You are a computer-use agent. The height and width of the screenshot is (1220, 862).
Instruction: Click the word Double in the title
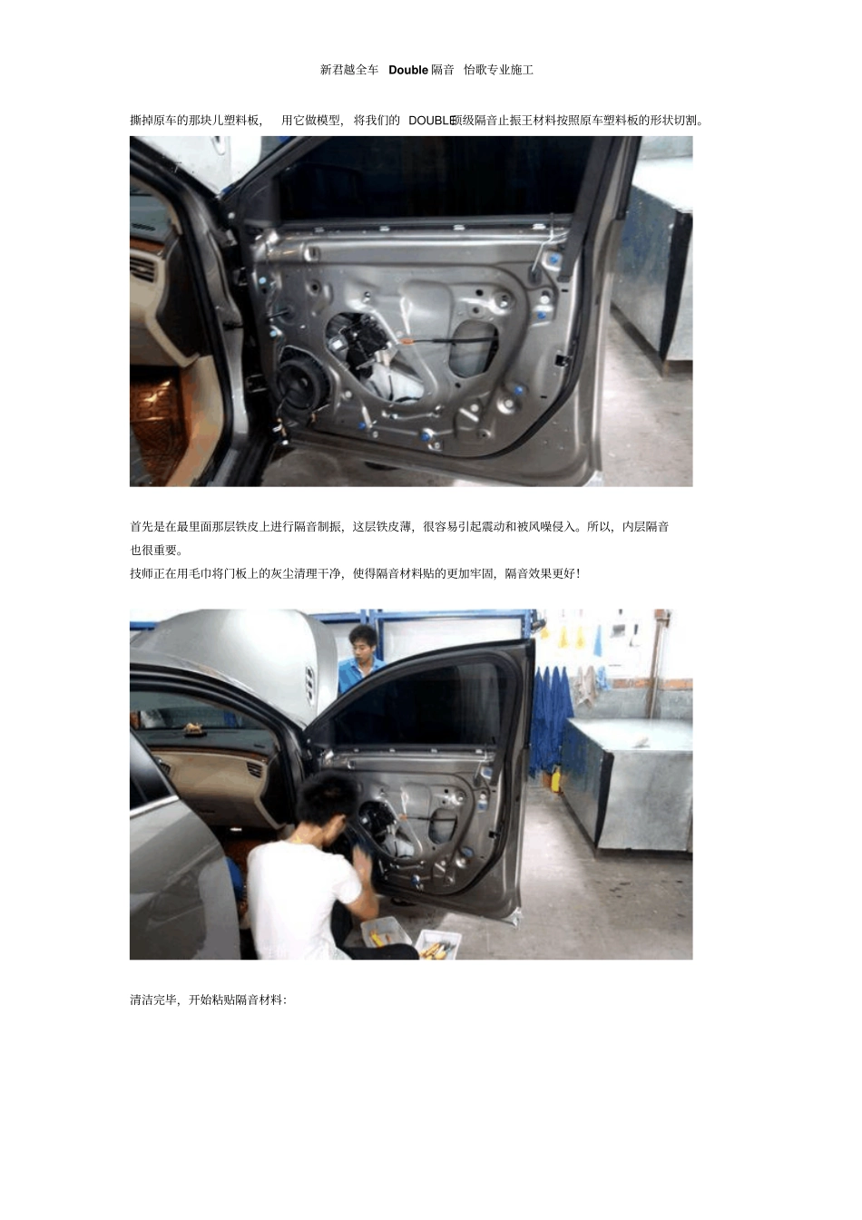(x=408, y=70)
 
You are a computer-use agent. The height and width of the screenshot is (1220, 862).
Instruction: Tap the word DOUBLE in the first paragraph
(x=432, y=121)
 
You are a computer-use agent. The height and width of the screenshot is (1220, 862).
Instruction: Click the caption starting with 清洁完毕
(x=208, y=1000)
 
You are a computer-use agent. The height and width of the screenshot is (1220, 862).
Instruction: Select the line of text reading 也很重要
(x=156, y=550)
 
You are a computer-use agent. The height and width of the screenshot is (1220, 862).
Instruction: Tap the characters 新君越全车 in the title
(x=348, y=70)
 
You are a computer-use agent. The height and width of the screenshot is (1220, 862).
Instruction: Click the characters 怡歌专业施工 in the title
(x=498, y=70)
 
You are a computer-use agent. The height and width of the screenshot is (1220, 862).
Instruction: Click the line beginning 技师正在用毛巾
(x=356, y=573)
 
